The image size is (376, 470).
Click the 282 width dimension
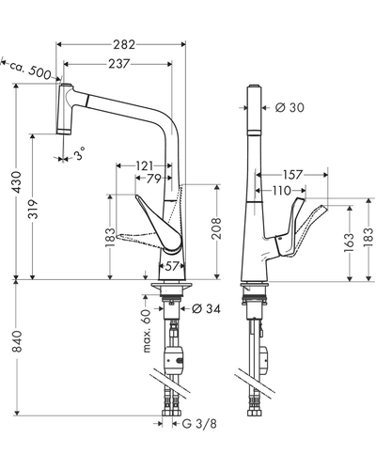click(124, 45)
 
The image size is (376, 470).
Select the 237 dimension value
click(119, 64)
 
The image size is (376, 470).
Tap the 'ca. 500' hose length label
click(30, 70)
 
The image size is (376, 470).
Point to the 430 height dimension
click(16, 182)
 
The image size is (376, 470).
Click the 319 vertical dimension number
click(33, 209)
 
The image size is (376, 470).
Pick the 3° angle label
click(79, 153)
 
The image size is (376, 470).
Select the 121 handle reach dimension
click(145, 165)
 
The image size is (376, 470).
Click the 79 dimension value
click(154, 179)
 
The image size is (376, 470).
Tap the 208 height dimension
click(216, 228)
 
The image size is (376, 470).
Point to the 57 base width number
click(172, 267)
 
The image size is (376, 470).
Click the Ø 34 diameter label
click(206, 309)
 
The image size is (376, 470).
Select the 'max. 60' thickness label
click(147, 331)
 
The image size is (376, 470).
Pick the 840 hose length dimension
click(16, 341)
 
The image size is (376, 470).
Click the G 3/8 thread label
click(199, 424)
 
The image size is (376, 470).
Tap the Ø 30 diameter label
click(290, 107)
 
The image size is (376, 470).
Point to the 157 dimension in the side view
click(292, 175)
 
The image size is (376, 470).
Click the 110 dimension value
click(281, 190)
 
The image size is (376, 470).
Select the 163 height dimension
click(349, 243)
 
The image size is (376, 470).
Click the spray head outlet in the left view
click(64, 132)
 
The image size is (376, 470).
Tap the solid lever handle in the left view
click(159, 225)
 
